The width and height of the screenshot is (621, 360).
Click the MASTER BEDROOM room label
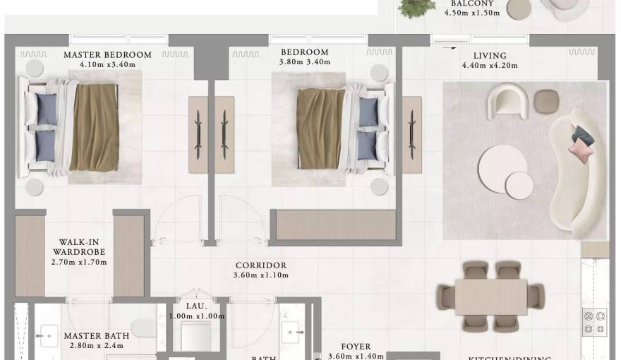(107, 54)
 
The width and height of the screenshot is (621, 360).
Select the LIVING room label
(490, 56)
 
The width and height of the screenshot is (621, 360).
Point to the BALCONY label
(472, 4)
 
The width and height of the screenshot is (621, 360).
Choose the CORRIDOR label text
(261, 265)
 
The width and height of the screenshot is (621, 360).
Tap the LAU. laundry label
(195, 306)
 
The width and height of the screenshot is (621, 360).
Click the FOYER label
(356, 347)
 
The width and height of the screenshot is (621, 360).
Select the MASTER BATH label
(94, 336)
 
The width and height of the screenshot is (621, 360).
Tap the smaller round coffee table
(519, 185)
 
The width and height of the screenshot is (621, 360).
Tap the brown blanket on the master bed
(93, 127)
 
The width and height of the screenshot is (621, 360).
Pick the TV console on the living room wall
(411, 134)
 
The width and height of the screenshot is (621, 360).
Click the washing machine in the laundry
(195, 335)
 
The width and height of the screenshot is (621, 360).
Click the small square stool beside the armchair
(545, 101)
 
